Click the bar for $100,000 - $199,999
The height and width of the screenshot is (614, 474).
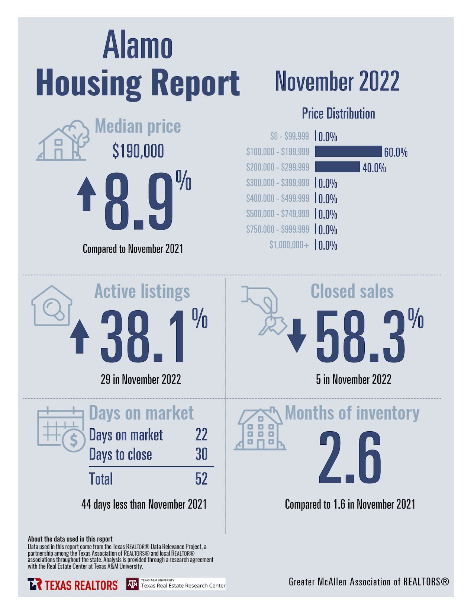348,151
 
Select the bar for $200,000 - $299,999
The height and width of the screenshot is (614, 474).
338,167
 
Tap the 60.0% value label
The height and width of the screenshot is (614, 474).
396,152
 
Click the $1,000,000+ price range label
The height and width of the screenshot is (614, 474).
289,245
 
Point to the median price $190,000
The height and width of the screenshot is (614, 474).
138,151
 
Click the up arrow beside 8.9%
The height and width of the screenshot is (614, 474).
87,194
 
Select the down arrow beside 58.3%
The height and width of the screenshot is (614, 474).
297,335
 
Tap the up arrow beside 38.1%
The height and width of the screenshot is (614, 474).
80,336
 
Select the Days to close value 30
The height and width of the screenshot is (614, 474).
201,454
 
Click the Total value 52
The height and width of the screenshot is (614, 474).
201,479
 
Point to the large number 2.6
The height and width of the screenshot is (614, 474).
350,458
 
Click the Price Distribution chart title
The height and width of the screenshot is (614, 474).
338,113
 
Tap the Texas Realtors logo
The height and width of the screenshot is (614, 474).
72,585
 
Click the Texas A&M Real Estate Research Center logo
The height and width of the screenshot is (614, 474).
176,584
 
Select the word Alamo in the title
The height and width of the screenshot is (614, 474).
138,46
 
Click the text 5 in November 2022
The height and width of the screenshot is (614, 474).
354,380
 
